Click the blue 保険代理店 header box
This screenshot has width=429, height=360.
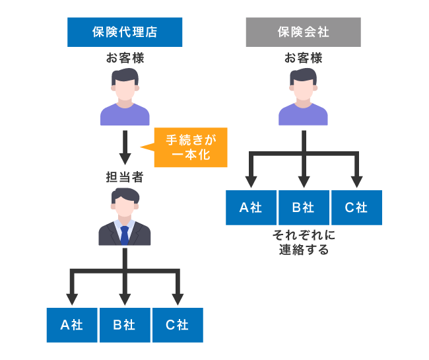(125, 32)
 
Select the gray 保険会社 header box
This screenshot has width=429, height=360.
(303, 32)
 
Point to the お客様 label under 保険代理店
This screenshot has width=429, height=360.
(125, 58)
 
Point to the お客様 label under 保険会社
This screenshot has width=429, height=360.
(303, 58)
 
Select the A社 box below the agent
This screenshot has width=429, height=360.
(72, 324)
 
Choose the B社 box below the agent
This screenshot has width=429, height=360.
(124, 324)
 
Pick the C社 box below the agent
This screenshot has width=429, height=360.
(177, 324)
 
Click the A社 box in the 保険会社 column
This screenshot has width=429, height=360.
(251, 207)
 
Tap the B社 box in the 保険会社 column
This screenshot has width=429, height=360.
(304, 207)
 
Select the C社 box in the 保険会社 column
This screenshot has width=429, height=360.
(356, 207)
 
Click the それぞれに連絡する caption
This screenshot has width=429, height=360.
(303, 242)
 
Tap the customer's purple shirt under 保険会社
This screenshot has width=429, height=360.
(303, 114)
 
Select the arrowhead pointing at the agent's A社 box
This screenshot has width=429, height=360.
(72, 295)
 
